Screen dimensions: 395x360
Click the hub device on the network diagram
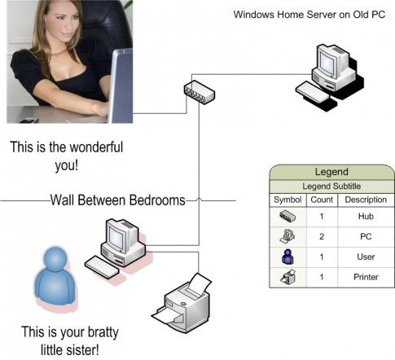pos(200,92)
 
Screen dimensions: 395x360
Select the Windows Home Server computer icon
pos(330,77)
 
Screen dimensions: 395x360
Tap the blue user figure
pos(55,277)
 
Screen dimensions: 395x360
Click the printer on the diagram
pos(182,303)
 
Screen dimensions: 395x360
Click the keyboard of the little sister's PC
pos(102,266)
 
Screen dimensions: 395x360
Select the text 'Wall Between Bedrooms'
pos(117,200)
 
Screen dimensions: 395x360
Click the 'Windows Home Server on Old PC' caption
pos(309,15)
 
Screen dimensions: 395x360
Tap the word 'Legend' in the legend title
pos(331,172)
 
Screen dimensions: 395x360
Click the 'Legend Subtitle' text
pos(331,187)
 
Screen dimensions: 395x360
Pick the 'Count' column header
pos(322,200)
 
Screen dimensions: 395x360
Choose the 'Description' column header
pos(366,200)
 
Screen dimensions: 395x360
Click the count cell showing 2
pos(322,236)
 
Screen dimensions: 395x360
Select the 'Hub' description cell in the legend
pos(366,217)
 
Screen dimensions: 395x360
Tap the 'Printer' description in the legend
pos(366,277)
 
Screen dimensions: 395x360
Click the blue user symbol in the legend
pos(287,257)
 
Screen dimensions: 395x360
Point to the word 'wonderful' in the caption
pos(96,147)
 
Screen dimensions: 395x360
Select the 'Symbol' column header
pos(287,200)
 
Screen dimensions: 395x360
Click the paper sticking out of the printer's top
pos(200,283)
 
